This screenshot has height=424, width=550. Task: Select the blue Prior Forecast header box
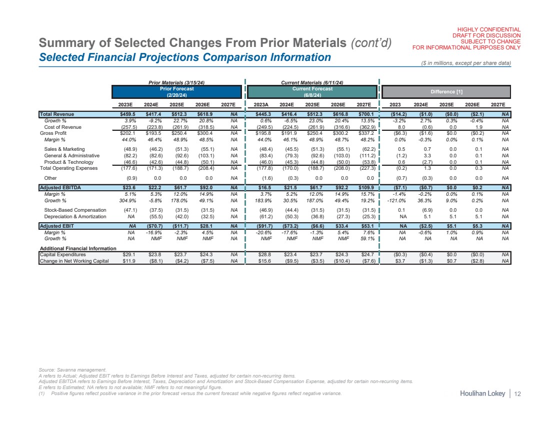coord(176,91)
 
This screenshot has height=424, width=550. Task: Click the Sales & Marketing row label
coord(64,149)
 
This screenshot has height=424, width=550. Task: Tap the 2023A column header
coord(263,104)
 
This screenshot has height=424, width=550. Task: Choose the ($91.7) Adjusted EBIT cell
coord(263,225)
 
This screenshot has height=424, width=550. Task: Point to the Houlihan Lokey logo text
coord(483,395)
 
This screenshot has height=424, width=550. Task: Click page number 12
coord(517,395)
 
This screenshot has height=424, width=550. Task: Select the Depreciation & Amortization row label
coord(75,216)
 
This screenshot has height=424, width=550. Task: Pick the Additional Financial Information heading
coord(78,248)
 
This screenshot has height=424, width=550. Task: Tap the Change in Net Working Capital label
coord(74,260)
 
